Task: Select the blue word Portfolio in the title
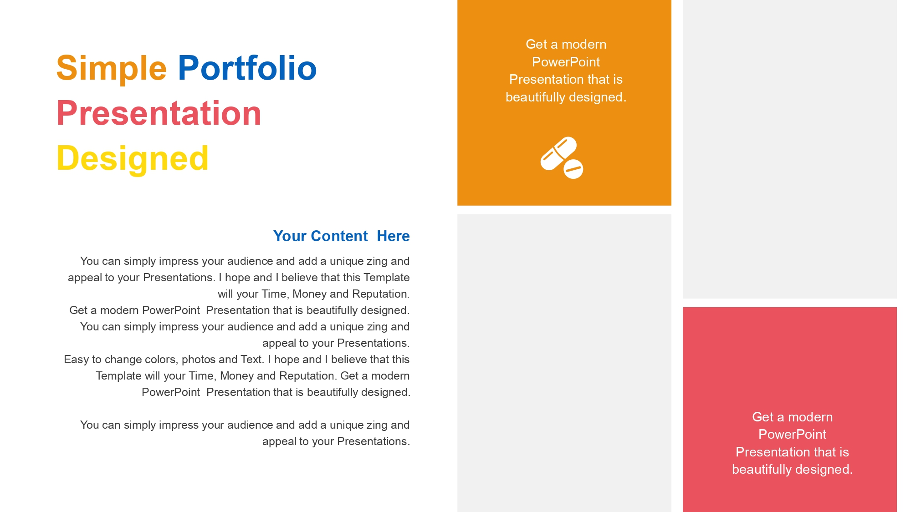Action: point(247,68)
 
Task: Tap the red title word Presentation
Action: point(159,113)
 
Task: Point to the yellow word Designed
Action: point(133,159)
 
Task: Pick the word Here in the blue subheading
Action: point(393,236)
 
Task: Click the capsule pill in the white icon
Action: point(558,153)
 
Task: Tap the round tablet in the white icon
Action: point(573,169)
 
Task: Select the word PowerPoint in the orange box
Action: point(566,62)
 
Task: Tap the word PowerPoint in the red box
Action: point(792,434)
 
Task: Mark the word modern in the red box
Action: point(810,417)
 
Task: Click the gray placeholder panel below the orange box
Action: point(564,363)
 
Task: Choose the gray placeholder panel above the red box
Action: point(790,149)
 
